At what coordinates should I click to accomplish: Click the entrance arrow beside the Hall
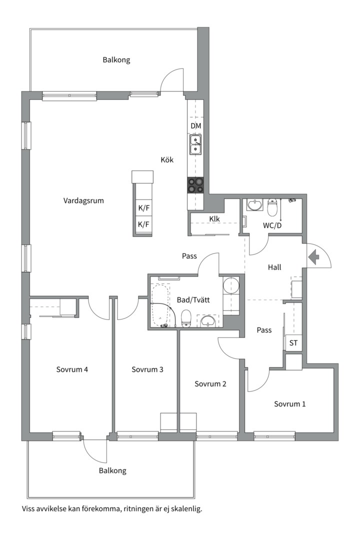tap(314, 257)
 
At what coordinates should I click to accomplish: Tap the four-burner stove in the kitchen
tap(195, 185)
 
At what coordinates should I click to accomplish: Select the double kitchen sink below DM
tap(195, 144)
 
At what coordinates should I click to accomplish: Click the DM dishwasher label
tap(195, 126)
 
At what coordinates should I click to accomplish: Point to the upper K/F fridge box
tap(143, 208)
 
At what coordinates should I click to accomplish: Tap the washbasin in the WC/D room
tap(255, 204)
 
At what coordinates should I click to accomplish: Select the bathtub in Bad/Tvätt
tap(160, 305)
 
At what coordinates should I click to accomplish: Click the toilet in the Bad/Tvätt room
tap(186, 317)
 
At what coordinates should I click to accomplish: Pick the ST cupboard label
tap(293, 343)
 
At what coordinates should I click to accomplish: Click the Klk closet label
tap(214, 218)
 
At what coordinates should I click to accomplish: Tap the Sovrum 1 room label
tap(289, 403)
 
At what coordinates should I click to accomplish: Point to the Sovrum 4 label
tap(72, 369)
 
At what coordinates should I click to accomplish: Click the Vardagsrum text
tap(83, 200)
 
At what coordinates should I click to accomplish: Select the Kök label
tap(167, 160)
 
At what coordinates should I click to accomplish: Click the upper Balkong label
tap(116, 60)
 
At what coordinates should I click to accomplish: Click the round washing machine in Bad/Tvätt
tap(231, 285)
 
